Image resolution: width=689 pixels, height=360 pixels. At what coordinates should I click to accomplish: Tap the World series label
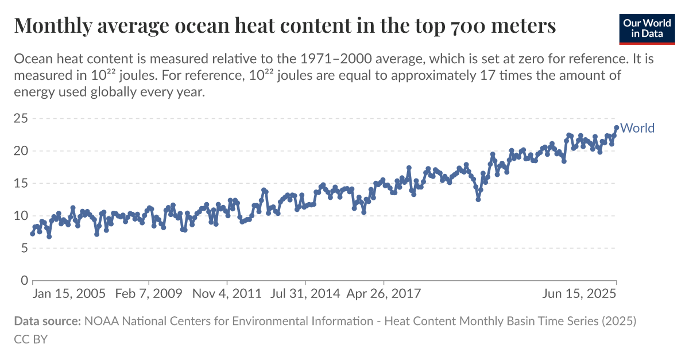(637, 128)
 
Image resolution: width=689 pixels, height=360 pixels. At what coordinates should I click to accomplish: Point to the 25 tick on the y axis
(21, 119)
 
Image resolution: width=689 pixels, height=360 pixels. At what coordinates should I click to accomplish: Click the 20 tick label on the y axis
(21, 151)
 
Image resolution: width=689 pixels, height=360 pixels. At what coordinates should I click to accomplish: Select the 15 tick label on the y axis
(21, 184)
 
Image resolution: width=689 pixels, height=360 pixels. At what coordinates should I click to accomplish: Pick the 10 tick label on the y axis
(21, 216)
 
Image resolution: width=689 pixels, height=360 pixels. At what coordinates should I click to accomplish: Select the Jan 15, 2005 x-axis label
(69, 293)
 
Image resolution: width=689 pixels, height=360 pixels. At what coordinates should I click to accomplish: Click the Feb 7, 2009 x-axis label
(149, 293)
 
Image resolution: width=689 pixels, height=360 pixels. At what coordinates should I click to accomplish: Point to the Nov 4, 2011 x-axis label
(227, 293)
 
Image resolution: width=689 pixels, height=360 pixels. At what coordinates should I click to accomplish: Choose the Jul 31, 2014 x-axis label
(306, 293)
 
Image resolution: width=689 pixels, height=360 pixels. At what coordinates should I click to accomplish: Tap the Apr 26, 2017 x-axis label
(384, 293)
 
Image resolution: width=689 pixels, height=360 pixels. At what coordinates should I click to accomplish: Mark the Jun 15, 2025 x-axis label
(580, 293)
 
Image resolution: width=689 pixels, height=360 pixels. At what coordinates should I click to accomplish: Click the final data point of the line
(617, 127)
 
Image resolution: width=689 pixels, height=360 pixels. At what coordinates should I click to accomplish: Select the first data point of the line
(33, 234)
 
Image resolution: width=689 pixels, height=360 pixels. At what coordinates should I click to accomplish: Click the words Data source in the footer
(47, 321)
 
